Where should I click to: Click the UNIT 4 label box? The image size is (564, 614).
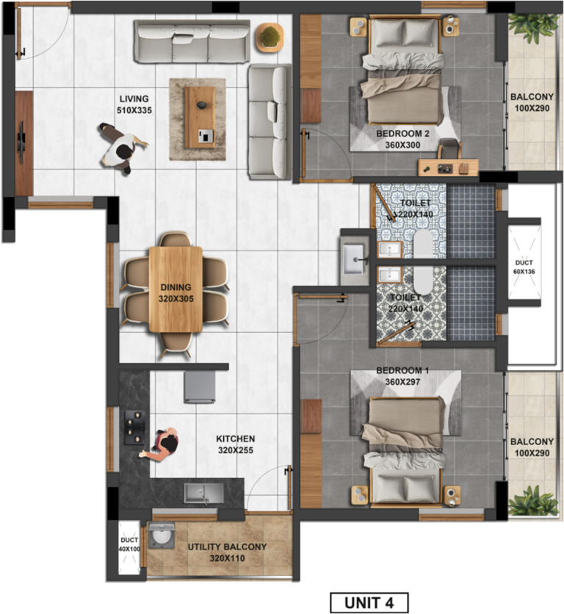click(369, 602)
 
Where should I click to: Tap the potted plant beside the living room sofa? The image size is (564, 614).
click(270, 37)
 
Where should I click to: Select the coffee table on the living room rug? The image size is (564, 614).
click(200, 118)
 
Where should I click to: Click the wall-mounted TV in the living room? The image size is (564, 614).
click(21, 137)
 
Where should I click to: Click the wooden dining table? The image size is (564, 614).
click(176, 289)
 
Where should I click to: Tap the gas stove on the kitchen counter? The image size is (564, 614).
click(134, 427)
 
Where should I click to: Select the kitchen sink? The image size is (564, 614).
click(203, 493)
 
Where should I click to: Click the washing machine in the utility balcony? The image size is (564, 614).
click(161, 536)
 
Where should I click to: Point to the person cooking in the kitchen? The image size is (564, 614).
click(162, 445)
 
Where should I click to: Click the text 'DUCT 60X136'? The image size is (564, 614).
click(524, 267)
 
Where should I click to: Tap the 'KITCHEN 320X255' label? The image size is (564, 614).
click(236, 444)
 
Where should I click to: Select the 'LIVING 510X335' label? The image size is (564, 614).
click(134, 104)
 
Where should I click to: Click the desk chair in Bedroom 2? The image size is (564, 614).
click(449, 148)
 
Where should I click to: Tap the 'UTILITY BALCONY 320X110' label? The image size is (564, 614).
click(227, 552)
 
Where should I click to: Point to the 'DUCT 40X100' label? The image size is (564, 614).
click(129, 545)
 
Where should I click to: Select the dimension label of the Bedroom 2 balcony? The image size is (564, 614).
click(532, 108)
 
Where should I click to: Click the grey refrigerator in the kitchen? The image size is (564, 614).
click(200, 387)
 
